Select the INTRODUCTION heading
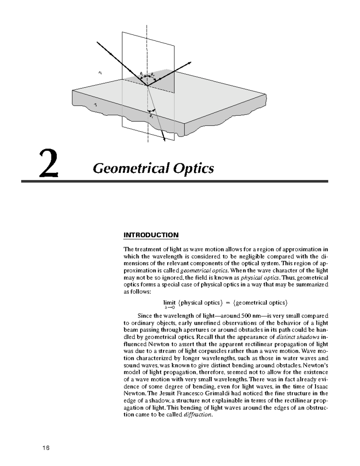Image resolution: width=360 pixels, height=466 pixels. tap(151, 235)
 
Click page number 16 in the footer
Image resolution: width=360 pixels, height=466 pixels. tap(46, 448)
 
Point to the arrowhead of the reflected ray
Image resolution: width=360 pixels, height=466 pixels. tap(190, 62)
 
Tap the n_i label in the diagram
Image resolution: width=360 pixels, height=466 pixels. tap(100, 72)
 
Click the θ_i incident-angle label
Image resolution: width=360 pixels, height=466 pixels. tap(142, 73)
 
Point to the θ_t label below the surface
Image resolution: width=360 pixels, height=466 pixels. tap(151, 115)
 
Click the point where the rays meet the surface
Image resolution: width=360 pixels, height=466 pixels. tap(147, 86)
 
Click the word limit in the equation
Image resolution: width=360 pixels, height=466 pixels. tap(169, 302)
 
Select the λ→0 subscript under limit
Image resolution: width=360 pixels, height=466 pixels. tap(169, 308)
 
